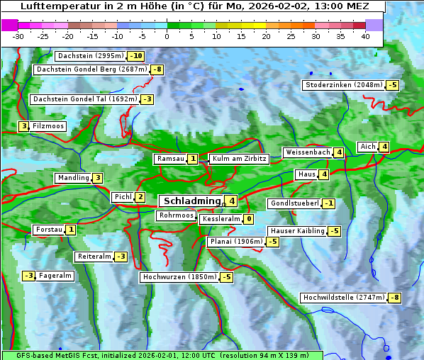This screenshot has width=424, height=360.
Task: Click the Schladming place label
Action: pos(192,201)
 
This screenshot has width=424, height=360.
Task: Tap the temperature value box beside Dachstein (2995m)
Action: pos(136,56)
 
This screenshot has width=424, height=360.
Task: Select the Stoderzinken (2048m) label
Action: pos(343,85)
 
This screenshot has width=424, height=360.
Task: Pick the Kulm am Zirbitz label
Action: pos(239,159)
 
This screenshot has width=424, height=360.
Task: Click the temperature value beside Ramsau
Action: pos(193,159)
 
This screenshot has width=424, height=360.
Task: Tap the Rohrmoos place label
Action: pos(176,215)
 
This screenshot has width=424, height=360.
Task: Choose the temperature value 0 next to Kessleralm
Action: pos(248,220)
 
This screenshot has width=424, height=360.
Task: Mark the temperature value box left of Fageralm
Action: pos(28,276)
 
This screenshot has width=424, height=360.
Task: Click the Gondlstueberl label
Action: pos(294,203)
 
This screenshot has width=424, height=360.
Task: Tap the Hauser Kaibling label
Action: pos(297,231)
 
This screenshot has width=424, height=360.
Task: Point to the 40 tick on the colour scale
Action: pos(365,36)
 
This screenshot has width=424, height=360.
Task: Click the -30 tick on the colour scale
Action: pos(18,36)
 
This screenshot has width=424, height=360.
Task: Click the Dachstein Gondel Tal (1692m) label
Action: pos(84,99)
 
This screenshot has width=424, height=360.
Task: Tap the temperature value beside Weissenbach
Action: pos(339,152)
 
